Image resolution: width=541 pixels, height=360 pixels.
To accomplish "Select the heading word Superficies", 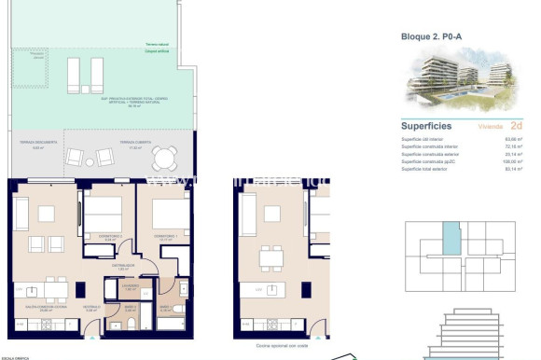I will [426, 124].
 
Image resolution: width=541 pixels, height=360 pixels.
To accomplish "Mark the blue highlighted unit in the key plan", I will [451, 238].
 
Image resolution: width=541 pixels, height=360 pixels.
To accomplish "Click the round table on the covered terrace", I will [164, 158].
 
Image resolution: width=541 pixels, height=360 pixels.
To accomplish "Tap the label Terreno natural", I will [160, 45].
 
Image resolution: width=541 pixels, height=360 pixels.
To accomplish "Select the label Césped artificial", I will [160, 52].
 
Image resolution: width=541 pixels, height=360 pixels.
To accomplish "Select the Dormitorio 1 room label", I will [166, 237].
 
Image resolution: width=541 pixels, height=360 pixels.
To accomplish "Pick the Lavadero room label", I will [132, 286].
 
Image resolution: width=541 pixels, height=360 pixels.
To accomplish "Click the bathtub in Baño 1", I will [172, 324].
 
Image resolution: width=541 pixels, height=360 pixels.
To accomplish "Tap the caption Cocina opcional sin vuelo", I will [275, 344].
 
